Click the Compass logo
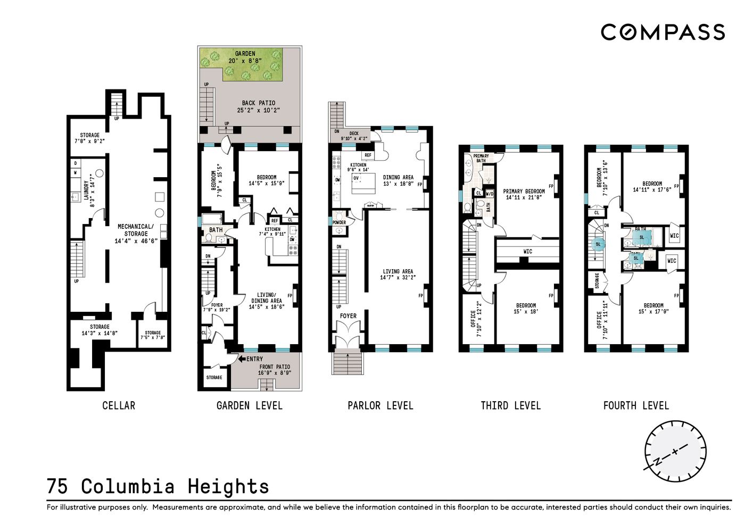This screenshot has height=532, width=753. click(663, 32)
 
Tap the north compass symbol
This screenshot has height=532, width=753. click(675, 452)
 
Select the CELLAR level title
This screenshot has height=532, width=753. click(119, 406)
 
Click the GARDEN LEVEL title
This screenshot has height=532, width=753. click(249, 406)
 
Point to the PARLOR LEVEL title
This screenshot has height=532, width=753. click(380, 406)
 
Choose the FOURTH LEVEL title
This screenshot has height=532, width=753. click(636, 406)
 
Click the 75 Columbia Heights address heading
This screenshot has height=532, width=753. click(158, 487)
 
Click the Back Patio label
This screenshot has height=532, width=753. click(259, 106)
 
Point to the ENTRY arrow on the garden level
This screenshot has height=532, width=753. click(242, 359)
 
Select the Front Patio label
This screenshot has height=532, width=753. click(275, 370)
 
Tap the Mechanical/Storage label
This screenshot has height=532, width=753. click(136, 234)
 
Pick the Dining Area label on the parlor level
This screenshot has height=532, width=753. click(398, 180)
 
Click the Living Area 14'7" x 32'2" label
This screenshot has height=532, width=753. click(398, 275)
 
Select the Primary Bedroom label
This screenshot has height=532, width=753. click(524, 194)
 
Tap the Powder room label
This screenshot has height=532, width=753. click(339, 222)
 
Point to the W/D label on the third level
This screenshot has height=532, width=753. click(490, 194)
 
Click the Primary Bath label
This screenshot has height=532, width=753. click(481, 158)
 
